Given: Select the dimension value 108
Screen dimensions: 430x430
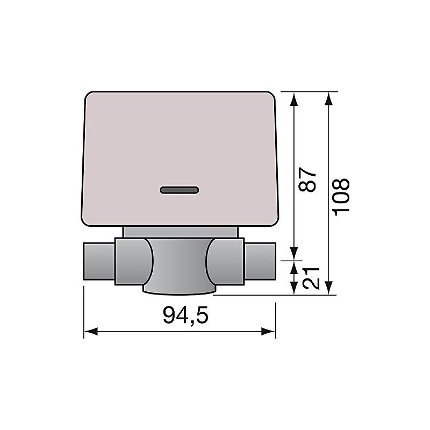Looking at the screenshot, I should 341,195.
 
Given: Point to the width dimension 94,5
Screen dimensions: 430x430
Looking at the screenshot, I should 185,316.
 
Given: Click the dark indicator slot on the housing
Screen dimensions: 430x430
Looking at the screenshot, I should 180,190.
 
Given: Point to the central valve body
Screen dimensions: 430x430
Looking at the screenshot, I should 179,263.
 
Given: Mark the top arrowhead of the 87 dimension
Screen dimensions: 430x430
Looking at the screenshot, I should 294,97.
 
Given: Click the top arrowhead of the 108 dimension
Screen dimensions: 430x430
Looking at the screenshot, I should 329,97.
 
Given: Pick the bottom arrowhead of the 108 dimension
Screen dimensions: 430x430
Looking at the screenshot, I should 329,290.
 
